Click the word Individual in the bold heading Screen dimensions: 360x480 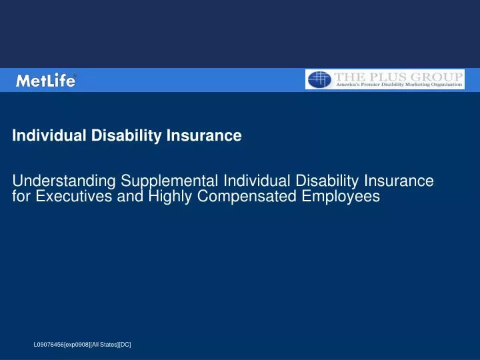(x=44, y=136)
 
